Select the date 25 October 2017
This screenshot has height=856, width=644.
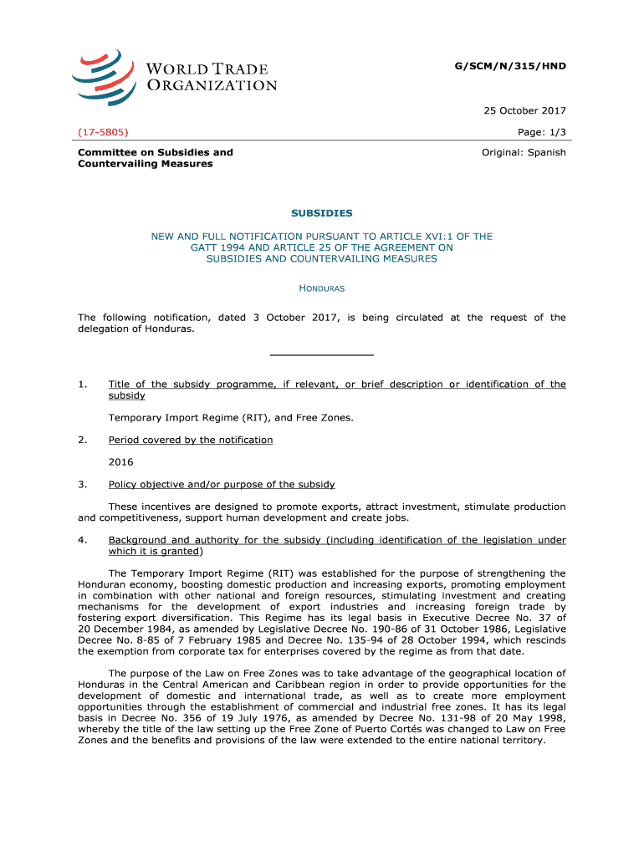click(x=526, y=111)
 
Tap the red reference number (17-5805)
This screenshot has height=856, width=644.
click(x=103, y=132)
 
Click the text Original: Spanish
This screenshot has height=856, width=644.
click(x=524, y=152)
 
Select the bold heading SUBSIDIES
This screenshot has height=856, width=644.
click(x=321, y=213)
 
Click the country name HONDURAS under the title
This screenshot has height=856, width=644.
click(x=322, y=288)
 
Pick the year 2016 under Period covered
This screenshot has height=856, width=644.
click(x=120, y=462)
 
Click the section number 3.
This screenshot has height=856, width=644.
click(x=82, y=484)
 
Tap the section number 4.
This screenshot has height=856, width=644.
click(x=82, y=540)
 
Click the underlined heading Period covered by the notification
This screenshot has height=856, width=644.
click(x=191, y=440)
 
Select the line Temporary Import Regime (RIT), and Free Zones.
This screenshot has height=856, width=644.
click(x=231, y=417)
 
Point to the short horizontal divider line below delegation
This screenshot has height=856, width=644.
click(x=322, y=355)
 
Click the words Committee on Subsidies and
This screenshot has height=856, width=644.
click(x=156, y=152)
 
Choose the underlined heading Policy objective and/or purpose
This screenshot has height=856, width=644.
click(x=222, y=484)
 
